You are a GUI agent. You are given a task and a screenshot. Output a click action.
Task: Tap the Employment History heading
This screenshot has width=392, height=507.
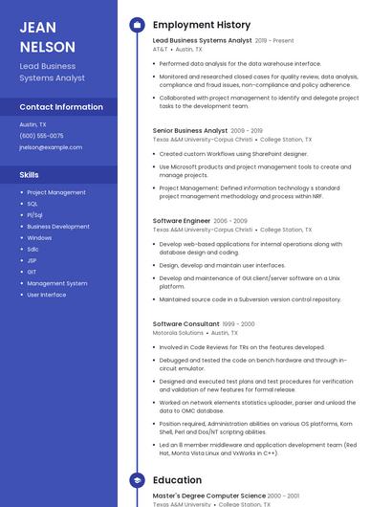[201, 25]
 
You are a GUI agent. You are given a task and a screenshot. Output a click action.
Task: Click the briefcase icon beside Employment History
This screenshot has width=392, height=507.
[137, 25]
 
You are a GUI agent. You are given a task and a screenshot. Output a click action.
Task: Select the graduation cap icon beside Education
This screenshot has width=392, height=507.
[137, 479]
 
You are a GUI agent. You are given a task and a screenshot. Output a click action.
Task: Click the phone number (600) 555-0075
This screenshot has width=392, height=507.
[41, 136]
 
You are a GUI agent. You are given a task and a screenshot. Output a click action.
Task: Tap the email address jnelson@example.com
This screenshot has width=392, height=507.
[51, 147]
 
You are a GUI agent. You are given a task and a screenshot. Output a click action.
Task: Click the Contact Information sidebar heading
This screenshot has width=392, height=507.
[61, 107]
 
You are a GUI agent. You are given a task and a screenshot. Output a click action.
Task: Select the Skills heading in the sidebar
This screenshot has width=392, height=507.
[30, 175]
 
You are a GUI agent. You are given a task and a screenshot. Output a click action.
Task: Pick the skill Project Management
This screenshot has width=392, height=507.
[55, 192]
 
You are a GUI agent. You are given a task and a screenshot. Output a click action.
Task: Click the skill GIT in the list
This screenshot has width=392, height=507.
[33, 272]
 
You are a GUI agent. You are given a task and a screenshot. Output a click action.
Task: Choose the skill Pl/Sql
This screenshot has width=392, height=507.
[34, 215]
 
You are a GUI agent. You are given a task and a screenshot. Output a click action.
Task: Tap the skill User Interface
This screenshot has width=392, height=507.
[47, 295]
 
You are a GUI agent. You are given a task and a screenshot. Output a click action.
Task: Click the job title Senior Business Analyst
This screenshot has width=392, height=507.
[190, 130]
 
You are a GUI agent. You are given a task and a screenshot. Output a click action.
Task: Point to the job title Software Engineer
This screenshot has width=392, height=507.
[182, 221]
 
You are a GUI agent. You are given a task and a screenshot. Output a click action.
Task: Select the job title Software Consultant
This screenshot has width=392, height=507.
[185, 324]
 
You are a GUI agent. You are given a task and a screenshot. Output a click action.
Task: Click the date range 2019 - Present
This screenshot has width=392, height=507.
[274, 41]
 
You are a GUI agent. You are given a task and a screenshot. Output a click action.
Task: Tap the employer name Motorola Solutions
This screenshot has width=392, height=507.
[178, 333]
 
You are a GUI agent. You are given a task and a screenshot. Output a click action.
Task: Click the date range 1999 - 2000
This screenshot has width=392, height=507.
[241, 324]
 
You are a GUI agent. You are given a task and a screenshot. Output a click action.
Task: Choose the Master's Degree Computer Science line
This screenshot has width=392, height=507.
[208, 496]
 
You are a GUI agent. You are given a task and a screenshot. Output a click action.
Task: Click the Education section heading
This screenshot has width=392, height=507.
[177, 479]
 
